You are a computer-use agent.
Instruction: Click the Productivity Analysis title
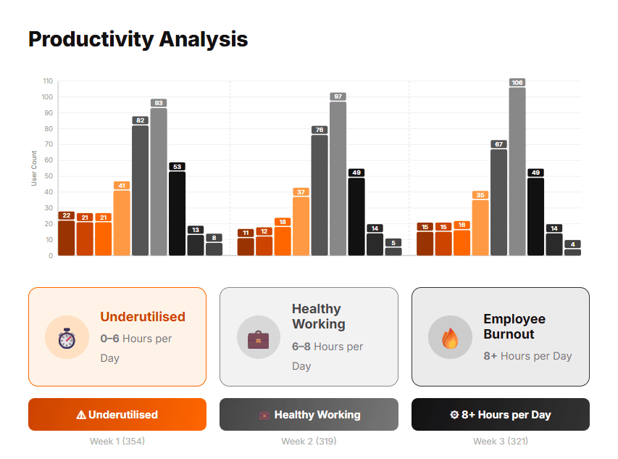(138, 39)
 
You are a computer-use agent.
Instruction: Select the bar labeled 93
(159, 181)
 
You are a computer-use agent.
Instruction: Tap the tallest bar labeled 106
(517, 171)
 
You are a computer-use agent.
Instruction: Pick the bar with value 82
(141, 190)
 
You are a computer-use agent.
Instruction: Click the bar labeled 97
(338, 178)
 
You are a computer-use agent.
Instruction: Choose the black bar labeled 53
(177, 213)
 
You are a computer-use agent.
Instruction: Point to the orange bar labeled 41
(122, 223)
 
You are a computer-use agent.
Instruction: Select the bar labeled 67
(498, 202)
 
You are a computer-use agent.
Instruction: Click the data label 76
(320, 130)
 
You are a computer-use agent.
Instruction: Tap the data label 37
(301, 192)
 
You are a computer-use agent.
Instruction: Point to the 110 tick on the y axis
(48, 81)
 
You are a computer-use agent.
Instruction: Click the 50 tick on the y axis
(49, 176)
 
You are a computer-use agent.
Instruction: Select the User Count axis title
(34, 168)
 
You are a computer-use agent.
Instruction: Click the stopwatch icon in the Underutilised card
(67, 337)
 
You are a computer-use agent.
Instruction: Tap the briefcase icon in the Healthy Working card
(258, 337)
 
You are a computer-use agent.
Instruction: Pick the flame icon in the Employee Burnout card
(450, 337)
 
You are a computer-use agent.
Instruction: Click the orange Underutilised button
(117, 415)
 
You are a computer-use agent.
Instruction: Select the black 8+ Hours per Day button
(500, 415)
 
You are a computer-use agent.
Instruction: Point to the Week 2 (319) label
(309, 441)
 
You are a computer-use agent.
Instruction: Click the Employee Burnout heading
(514, 326)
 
